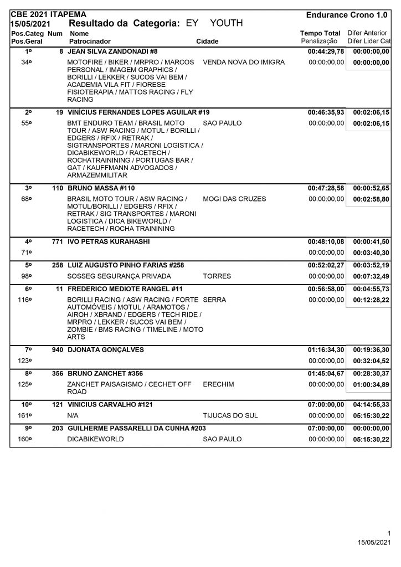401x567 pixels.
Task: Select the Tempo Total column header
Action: [320, 33]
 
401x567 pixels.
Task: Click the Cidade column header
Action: [207, 41]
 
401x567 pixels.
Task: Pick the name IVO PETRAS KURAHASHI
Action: [109, 242]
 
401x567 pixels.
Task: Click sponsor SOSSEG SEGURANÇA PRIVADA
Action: [119, 276]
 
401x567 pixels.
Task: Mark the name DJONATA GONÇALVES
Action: [105, 349]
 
